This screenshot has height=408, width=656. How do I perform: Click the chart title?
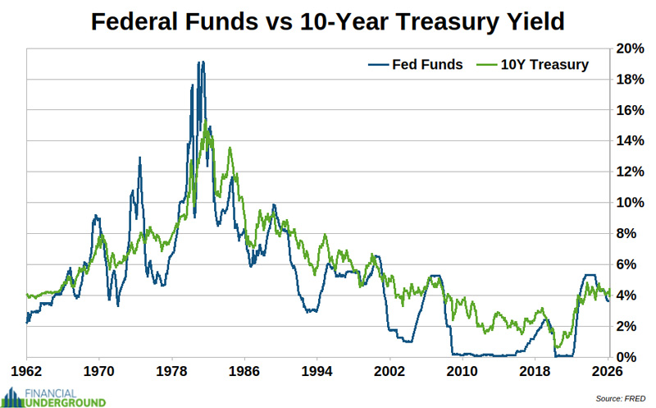327,21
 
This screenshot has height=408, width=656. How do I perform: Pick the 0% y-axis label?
628,357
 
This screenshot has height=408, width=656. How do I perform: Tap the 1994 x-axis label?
317,371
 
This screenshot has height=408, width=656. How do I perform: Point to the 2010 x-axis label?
462,371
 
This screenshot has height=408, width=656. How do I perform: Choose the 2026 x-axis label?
607,371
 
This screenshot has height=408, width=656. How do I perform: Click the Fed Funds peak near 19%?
200,62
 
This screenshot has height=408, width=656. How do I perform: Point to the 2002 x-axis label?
389,371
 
